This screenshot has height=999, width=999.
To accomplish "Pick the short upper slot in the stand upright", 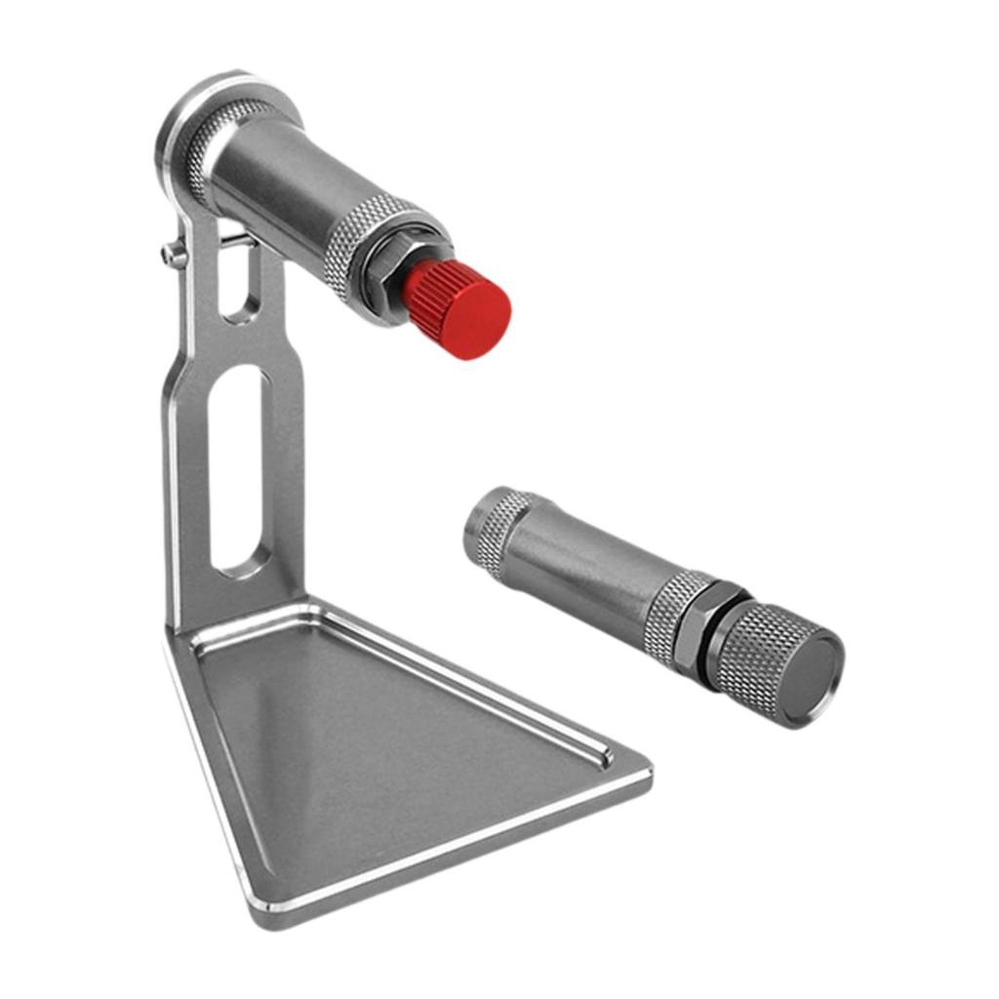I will pos(235,280).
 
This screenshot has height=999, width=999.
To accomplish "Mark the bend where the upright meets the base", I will pos(244,624).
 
